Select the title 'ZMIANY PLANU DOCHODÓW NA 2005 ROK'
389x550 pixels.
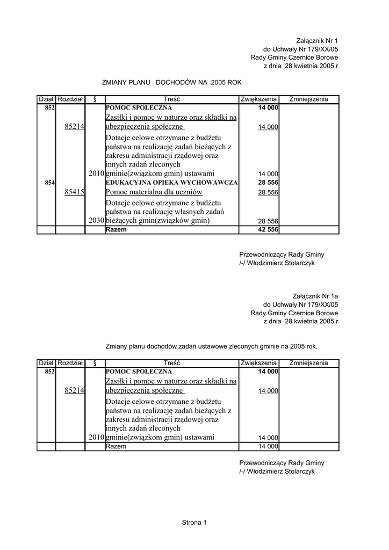click(172, 83)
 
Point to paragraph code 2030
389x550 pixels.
click(96, 220)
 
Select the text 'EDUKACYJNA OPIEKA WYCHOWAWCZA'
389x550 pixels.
click(171, 183)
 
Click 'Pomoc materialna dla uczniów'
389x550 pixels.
click(154, 192)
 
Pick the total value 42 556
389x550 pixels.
click(268, 229)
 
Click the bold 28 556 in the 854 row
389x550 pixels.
click(268, 183)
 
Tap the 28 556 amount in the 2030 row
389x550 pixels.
click(268, 221)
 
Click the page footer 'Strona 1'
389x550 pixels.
click(195, 522)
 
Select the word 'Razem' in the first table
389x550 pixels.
click(117, 229)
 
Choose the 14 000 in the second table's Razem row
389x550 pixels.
click(268, 446)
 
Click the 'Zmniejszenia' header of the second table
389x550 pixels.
click(308, 363)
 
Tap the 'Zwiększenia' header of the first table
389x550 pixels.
click(258, 99)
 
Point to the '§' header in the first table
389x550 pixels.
click(95, 99)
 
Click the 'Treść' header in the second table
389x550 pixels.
click(172, 363)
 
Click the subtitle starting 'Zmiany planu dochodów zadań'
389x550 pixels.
click(211, 346)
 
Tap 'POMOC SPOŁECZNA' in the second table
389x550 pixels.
click(139, 371)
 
